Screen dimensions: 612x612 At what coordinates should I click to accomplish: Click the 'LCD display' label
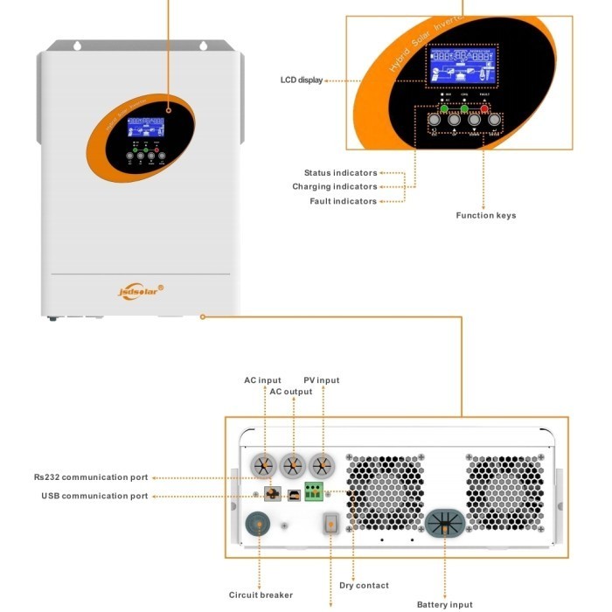[301, 80]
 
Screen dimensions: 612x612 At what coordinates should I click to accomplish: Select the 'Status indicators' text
[340, 173]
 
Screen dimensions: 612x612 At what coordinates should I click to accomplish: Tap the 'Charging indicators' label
[334, 187]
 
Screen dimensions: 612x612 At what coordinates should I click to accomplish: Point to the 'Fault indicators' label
[343, 201]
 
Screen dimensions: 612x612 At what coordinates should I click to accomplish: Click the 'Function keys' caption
[485, 216]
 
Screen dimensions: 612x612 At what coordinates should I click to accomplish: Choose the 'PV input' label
[321, 380]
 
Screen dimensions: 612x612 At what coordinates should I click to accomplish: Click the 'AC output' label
[290, 392]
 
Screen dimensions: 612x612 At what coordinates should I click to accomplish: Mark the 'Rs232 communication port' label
[91, 477]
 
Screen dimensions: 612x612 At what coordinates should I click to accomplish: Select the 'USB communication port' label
[94, 496]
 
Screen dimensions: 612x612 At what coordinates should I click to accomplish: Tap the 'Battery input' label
[444, 604]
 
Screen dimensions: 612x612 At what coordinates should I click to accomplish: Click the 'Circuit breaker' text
[261, 595]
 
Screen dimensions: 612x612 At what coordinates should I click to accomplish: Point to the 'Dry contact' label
[364, 585]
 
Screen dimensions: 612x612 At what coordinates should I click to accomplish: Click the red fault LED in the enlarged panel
[484, 108]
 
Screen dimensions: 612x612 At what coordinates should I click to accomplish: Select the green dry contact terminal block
[313, 491]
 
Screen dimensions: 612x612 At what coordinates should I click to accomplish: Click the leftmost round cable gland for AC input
[264, 465]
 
